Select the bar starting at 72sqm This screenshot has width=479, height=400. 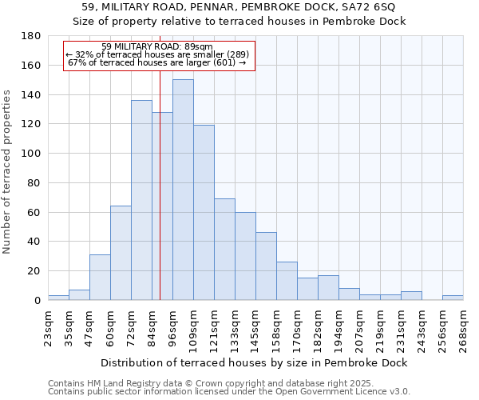[141, 200]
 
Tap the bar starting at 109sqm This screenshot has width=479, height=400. [204, 212]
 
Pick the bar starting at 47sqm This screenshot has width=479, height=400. [100, 277]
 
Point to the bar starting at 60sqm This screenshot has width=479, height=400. [121, 253]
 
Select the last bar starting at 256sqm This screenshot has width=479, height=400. [453, 298]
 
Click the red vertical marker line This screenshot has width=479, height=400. [160, 200]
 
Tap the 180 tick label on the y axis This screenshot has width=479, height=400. [31, 36]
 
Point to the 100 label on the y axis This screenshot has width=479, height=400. [31, 154]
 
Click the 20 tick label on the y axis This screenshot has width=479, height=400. [34, 271]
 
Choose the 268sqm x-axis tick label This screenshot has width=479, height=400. [463, 326]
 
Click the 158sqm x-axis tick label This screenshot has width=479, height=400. [276, 326]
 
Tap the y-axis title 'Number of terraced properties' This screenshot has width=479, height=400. [7, 172]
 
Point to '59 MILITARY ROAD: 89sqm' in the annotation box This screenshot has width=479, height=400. [157, 46]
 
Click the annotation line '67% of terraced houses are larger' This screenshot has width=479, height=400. [157, 62]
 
